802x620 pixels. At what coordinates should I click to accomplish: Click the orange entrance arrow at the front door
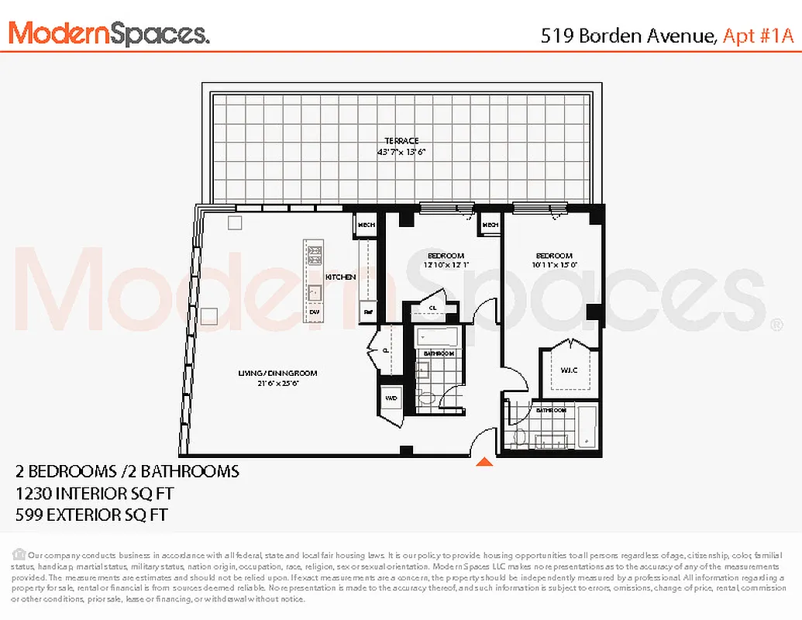click(x=484, y=463)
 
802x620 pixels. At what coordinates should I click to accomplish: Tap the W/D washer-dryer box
click(x=391, y=398)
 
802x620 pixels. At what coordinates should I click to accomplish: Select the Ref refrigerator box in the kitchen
click(x=368, y=312)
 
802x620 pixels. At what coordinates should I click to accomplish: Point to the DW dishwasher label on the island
click(x=315, y=312)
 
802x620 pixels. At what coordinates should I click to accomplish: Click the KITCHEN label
click(x=340, y=277)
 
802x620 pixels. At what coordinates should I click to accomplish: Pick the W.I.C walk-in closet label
click(x=570, y=370)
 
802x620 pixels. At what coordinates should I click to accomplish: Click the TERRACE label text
click(x=401, y=141)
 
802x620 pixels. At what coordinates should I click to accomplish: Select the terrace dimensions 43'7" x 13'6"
click(x=401, y=152)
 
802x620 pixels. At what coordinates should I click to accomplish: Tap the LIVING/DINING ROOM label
click(x=277, y=374)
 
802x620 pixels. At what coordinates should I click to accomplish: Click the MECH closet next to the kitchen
click(x=366, y=226)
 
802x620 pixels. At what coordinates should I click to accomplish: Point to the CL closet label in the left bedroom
click(x=432, y=308)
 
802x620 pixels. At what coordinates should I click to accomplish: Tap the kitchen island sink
click(x=315, y=293)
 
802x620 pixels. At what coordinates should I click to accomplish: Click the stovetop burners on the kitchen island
click(x=315, y=255)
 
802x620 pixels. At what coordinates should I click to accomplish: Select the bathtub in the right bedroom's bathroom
click(x=588, y=426)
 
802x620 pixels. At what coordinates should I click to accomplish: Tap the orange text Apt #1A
click(x=759, y=36)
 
